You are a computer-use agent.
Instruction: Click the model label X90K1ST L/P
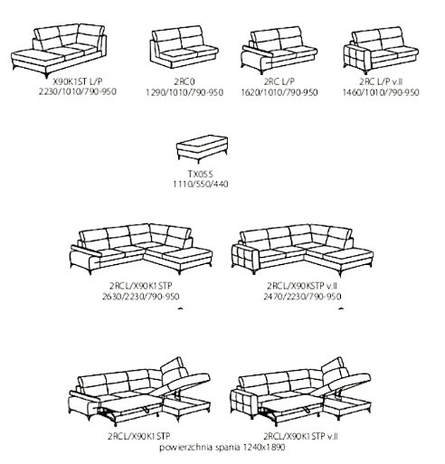pos(78,81)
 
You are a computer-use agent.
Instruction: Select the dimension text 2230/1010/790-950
pos(78,91)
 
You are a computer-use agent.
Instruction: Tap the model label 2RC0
pos(185,81)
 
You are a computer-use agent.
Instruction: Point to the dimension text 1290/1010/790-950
pos(185,92)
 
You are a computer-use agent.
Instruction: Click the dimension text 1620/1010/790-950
pos(279,92)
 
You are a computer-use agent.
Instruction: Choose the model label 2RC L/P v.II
pos(381,81)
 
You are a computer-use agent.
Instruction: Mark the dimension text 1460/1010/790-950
pos(381,92)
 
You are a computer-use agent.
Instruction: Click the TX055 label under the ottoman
pos(201,174)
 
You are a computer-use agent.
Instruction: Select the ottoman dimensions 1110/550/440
pos(201,184)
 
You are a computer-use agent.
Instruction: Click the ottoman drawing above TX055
pos(202,148)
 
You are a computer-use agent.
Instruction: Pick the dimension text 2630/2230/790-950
pos(141,297)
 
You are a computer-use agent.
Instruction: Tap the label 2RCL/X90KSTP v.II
pos(302,285)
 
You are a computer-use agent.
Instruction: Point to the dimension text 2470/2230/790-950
pos(302,297)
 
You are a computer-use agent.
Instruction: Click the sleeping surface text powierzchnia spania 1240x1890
pos(222,447)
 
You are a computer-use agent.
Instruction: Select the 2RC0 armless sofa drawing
pos(184,47)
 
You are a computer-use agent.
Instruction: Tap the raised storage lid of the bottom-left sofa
pos(185,381)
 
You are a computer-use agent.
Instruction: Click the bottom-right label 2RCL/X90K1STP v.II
pos(300,436)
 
